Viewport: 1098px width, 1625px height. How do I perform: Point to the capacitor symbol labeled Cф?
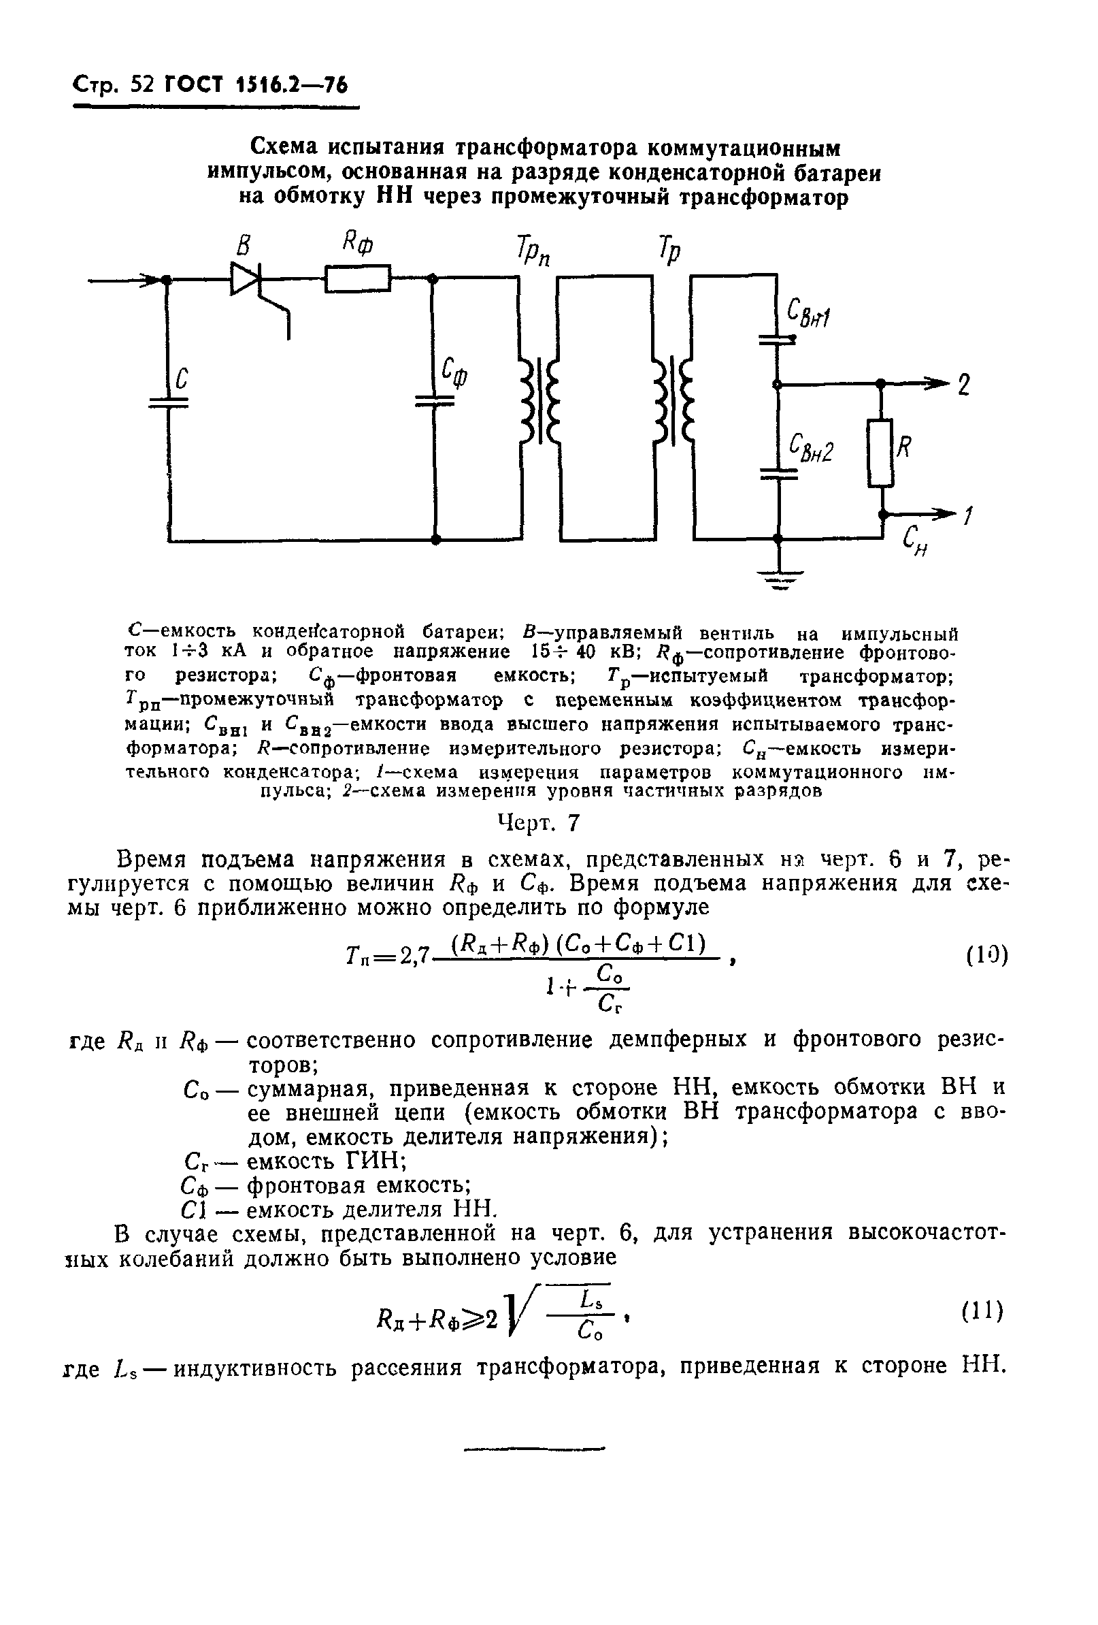tap(434, 401)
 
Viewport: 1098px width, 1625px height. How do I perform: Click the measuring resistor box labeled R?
tap(880, 453)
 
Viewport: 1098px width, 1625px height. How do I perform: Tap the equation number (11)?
tap(982, 1310)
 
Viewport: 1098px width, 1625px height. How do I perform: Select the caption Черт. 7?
tap(538, 824)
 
